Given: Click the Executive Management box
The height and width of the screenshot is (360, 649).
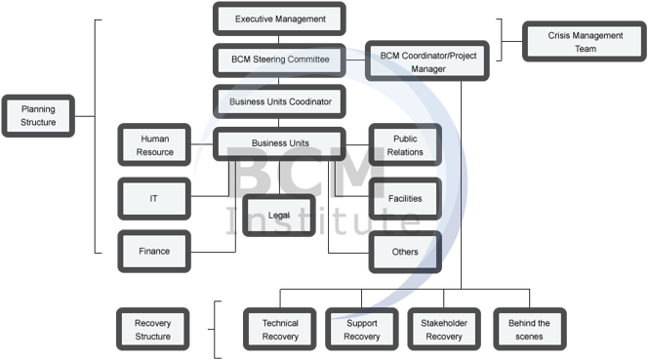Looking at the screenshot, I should (280, 19).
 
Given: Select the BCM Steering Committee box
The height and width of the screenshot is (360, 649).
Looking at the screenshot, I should (280, 59).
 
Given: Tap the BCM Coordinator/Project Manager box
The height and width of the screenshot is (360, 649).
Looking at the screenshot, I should (426, 61).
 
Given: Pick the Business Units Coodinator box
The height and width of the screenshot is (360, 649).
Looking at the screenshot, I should (280, 100).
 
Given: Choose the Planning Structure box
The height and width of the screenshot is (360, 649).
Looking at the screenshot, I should (38, 116).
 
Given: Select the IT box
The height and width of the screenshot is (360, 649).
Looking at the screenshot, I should (154, 198).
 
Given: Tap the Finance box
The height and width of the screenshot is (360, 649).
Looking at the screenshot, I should (154, 251).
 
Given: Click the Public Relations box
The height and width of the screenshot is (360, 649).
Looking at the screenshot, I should (405, 145).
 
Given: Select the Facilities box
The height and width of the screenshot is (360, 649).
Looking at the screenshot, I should (405, 198).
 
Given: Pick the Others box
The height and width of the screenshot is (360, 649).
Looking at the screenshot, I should (405, 252).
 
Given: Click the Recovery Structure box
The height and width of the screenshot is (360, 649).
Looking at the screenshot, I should (152, 329).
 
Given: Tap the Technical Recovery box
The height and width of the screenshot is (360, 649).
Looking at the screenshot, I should (280, 329).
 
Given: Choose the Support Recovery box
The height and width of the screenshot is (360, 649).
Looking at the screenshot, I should (362, 329).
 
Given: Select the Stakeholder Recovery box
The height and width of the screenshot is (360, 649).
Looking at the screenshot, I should (444, 329).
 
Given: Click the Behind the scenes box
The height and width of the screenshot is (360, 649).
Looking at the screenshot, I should (530, 329).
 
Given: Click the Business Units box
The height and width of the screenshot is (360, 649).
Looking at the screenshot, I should (280, 143).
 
